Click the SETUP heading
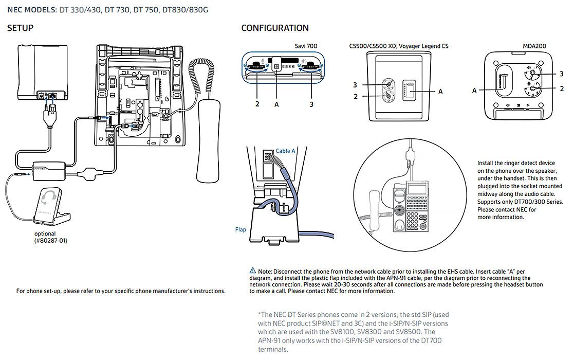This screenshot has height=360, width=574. pos(20,28)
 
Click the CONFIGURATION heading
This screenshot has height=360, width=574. pos(275,28)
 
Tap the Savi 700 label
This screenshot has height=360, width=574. pos(306,46)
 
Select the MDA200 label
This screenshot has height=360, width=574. pos(534,46)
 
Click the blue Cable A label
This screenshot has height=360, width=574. pos(285,151)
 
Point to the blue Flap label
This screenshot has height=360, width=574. pos(240,229)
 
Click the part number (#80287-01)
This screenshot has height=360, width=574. pos(51,241)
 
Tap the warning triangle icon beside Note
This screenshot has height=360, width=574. pos(253,271)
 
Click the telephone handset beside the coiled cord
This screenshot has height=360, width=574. pos(209,141)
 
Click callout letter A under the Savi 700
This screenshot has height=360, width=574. pos(276,105)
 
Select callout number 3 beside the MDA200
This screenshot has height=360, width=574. pos(562,74)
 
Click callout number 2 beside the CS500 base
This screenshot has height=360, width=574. pos(355,97)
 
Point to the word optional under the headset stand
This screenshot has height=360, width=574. pos(45,233)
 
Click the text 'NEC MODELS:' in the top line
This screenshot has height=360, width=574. pos(32,10)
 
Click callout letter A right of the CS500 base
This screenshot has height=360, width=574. pos(440,92)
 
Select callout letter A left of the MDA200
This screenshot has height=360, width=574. pos(474,91)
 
